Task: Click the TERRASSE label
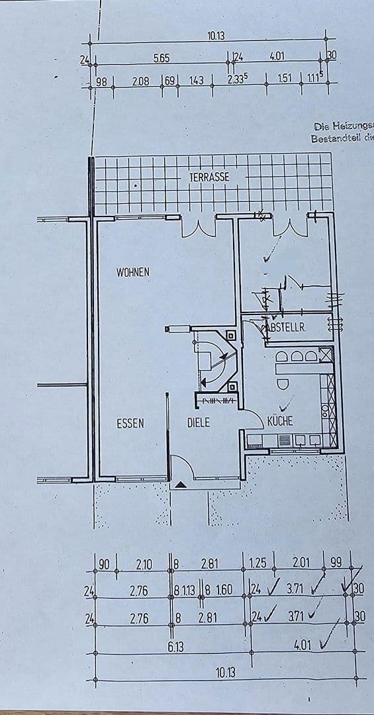click(209, 177)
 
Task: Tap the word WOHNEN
click(133, 272)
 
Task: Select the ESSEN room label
click(130, 424)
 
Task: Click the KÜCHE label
click(280, 421)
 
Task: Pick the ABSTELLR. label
click(284, 327)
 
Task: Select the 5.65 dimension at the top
click(161, 58)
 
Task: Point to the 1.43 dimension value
click(196, 81)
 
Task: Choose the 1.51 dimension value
click(284, 79)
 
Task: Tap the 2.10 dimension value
click(144, 565)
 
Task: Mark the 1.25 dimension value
click(257, 563)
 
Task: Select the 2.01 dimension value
click(301, 562)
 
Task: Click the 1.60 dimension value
click(224, 589)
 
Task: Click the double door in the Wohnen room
click(197, 227)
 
